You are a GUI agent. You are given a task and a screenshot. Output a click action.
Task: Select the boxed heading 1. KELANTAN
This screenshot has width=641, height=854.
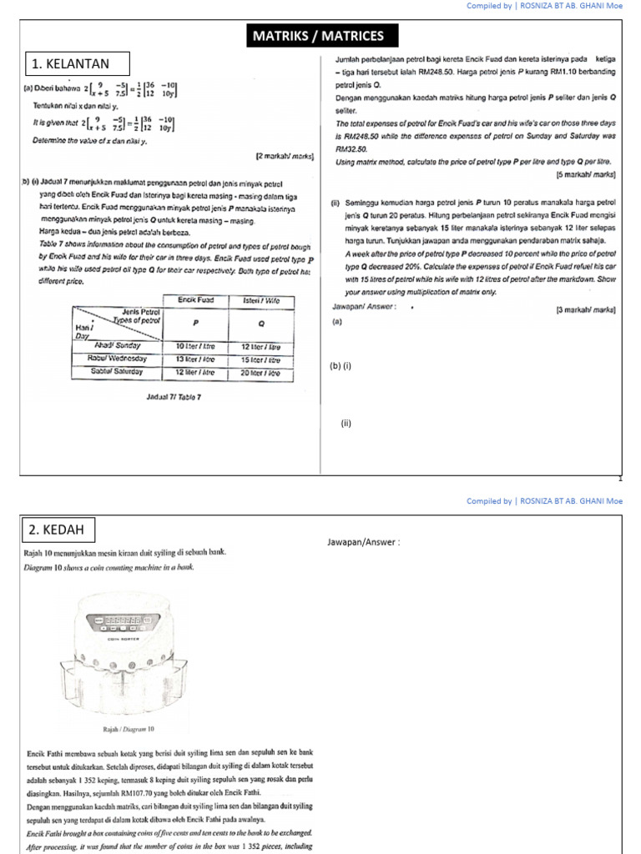click(x=77, y=64)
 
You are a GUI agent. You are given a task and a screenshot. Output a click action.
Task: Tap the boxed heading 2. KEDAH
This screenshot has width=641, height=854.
click(x=59, y=530)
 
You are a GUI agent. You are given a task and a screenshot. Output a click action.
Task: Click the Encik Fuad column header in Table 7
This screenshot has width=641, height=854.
click(x=195, y=299)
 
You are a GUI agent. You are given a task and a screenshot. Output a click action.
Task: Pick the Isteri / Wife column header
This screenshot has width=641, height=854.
click(x=260, y=299)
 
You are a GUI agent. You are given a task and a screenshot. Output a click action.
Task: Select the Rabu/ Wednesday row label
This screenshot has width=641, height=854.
click(x=117, y=359)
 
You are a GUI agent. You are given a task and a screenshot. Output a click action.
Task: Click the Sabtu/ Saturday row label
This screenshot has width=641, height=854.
click(x=117, y=372)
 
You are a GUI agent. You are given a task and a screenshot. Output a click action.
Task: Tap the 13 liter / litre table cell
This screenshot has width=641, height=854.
click(x=195, y=359)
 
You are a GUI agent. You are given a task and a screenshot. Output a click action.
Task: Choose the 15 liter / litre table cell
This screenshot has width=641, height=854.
click(x=260, y=359)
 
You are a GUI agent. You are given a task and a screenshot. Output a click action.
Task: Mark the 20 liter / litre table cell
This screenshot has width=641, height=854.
click(x=260, y=372)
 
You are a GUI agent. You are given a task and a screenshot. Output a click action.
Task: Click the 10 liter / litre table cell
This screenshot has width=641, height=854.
click(x=195, y=345)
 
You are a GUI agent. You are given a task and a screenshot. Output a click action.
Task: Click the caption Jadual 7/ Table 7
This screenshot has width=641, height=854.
click(x=173, y=397)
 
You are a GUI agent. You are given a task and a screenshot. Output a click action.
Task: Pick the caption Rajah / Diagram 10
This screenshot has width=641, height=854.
click(x=128, y=729)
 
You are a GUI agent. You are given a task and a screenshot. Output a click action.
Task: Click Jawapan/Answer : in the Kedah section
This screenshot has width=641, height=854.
click(x=364, y=543)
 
